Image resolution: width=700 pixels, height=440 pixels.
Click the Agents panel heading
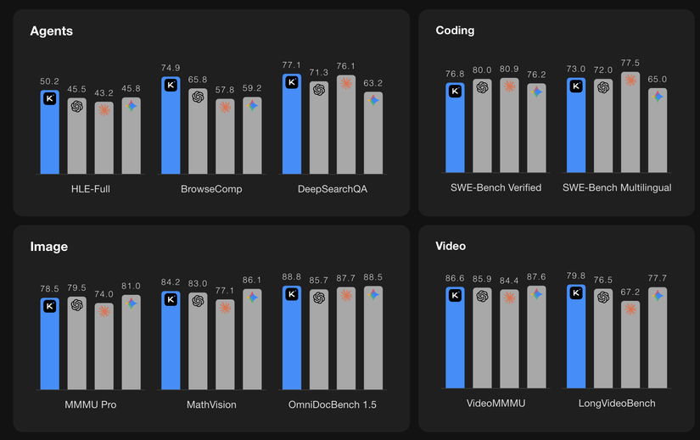(51, 31)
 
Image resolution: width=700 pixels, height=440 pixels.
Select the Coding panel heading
(455, 31)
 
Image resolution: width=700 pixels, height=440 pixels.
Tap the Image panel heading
(48, 247)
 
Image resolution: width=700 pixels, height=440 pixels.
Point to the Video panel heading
(451, 246)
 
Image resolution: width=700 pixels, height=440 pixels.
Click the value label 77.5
(630, 63)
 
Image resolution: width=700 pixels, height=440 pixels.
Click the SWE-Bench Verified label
(496, 187)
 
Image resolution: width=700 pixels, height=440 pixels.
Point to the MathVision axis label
(211, 405)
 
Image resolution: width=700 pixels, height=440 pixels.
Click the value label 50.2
(50, 81)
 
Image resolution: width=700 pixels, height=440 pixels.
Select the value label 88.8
(292, 277)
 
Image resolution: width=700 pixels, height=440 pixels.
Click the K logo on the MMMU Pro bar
(50, 306)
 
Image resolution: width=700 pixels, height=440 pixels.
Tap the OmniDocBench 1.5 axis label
(332, 405)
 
